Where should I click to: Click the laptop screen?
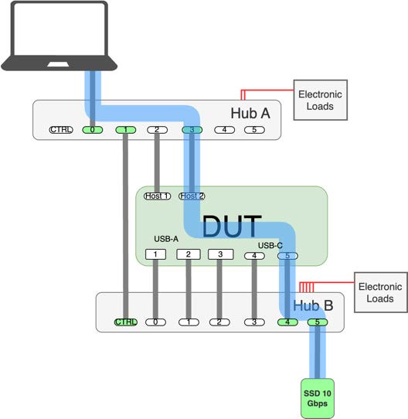point(59,29)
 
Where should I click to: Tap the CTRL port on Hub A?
point(61,130)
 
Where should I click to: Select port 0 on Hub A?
point(93,130)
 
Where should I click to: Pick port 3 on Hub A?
point(192,130)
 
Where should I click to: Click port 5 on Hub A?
point(255,130)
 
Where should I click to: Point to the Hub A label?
point(250,114)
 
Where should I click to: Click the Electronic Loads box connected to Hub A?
point(321,100)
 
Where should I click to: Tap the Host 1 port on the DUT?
point(158,196)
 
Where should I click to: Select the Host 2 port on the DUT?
point(192,196)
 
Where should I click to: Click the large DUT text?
point(232,227)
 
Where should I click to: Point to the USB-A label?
point(166,239)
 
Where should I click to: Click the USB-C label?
point(270,245)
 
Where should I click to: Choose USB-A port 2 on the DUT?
point(189,254)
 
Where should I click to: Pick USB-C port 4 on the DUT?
point(254,256)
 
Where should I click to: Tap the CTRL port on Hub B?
point(126,322)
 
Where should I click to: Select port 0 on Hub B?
point(155,322)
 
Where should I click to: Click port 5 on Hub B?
point(318,322)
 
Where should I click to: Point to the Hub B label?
point(313,305)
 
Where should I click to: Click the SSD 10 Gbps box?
point(318,398)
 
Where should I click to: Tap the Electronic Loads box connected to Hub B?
point(381,292)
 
